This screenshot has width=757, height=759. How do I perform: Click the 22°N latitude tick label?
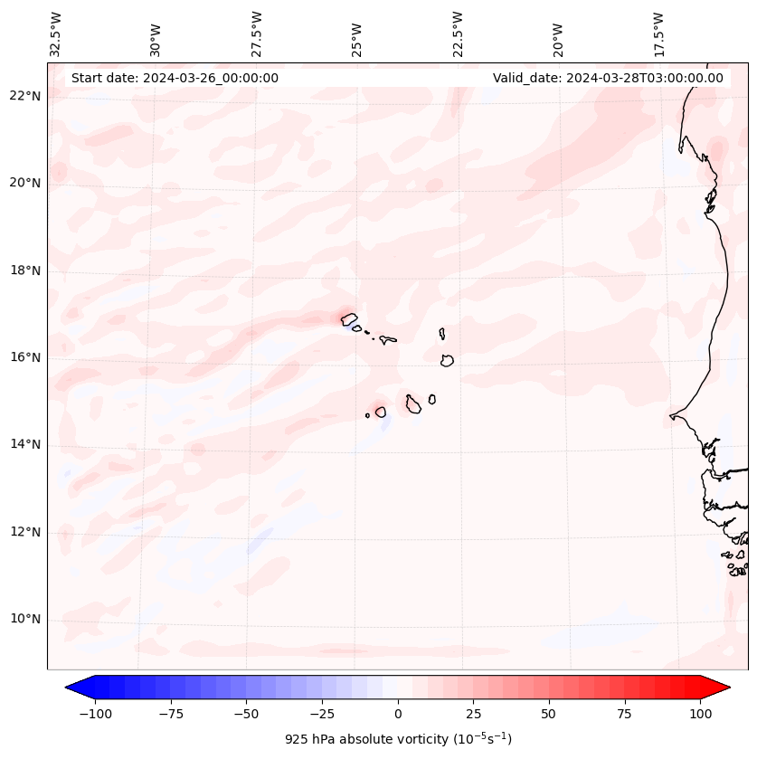25,96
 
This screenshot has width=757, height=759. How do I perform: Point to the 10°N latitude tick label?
25,619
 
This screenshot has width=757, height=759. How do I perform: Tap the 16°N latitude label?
25,357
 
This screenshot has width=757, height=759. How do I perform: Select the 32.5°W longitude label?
56,34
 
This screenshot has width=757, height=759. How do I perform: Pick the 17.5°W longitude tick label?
658,34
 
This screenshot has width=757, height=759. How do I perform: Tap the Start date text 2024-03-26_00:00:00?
175,78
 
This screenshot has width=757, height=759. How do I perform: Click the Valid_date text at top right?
608,78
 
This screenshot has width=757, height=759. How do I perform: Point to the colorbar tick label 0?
398,714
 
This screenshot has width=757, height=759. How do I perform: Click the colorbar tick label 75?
624,714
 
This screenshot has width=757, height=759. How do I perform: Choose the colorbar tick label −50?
247,714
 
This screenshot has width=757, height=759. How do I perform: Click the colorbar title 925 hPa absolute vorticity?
398,739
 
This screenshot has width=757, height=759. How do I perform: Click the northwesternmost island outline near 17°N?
349,318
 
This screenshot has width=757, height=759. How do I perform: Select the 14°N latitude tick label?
25,444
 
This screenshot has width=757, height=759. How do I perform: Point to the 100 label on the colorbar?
699,714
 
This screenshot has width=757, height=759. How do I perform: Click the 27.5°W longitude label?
257,34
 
